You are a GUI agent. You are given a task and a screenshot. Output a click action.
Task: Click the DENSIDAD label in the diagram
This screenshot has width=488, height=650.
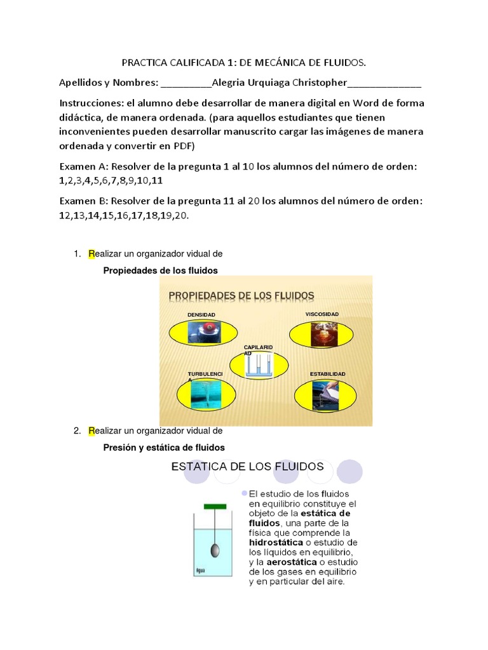tap(201, 315)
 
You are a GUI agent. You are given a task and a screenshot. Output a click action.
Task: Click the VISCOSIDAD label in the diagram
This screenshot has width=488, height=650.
tap(322, 314)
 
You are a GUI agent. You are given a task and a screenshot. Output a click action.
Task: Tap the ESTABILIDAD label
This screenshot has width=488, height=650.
tap(327, 374)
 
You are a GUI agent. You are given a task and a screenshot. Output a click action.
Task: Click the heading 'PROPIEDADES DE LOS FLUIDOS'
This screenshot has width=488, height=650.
tap(241, 296)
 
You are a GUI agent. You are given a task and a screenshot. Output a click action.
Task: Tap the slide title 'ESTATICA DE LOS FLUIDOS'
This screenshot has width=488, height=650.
tap(248, 467)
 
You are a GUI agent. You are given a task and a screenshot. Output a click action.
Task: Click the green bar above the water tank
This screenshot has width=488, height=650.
tap(216, 506)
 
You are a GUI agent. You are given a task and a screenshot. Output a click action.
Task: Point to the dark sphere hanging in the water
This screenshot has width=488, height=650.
tap(216, 550)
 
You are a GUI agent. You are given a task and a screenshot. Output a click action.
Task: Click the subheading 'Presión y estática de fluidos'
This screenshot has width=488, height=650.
tap(164, 448)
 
